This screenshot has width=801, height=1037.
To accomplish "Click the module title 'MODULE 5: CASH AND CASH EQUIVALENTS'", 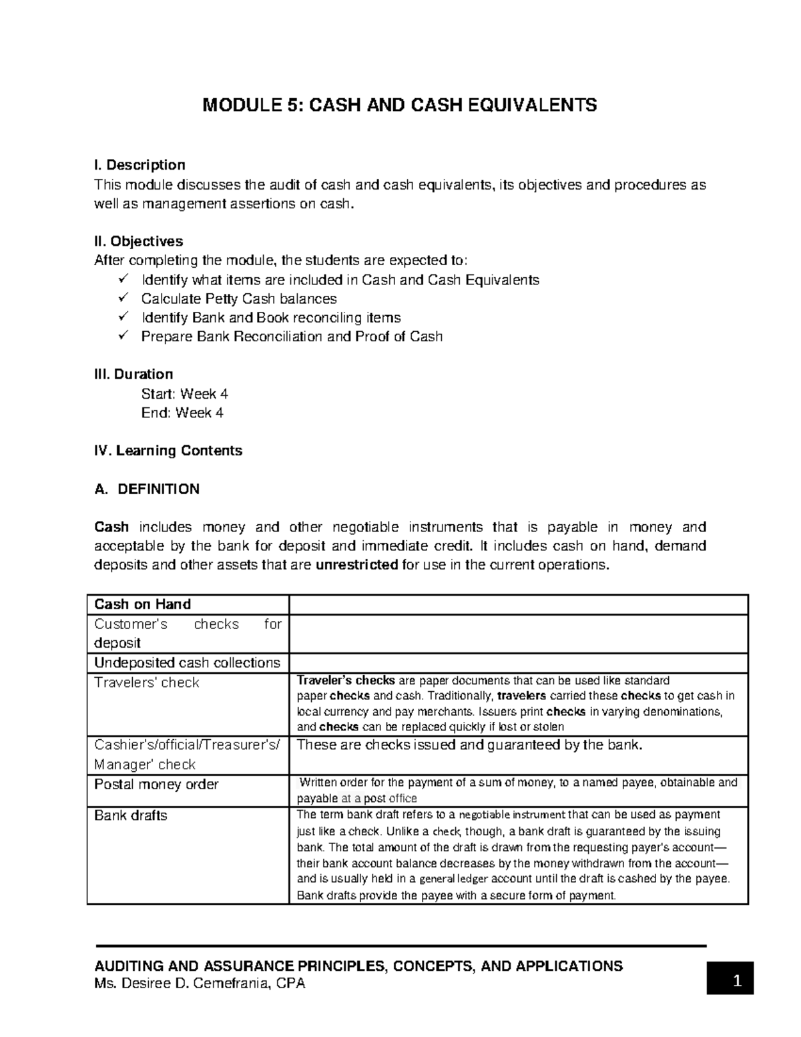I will (x=400, y=106).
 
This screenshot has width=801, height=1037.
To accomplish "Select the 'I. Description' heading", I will (x=140, y=165).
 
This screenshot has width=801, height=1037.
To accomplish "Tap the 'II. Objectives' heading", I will (x=139, y=241).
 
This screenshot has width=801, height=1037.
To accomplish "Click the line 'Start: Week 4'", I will (x=184, y=394).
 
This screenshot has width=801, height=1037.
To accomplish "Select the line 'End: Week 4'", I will (x=182, y=413).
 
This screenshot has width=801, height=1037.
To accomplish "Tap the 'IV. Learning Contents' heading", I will (x=168, y=451).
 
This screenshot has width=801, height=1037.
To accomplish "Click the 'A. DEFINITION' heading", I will (x=147, y=489).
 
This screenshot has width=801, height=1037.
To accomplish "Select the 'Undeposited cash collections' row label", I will (x=187, y=663).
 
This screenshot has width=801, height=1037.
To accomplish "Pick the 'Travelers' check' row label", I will (x=147, y=682).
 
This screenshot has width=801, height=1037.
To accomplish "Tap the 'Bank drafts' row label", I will (x=131, y=816).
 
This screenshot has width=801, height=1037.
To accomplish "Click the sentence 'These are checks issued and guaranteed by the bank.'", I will (x=469, y=745).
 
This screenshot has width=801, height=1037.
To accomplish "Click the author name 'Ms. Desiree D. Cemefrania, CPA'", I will (x=200, y=984).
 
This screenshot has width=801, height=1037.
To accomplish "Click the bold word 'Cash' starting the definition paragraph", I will (x=111, y=528).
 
